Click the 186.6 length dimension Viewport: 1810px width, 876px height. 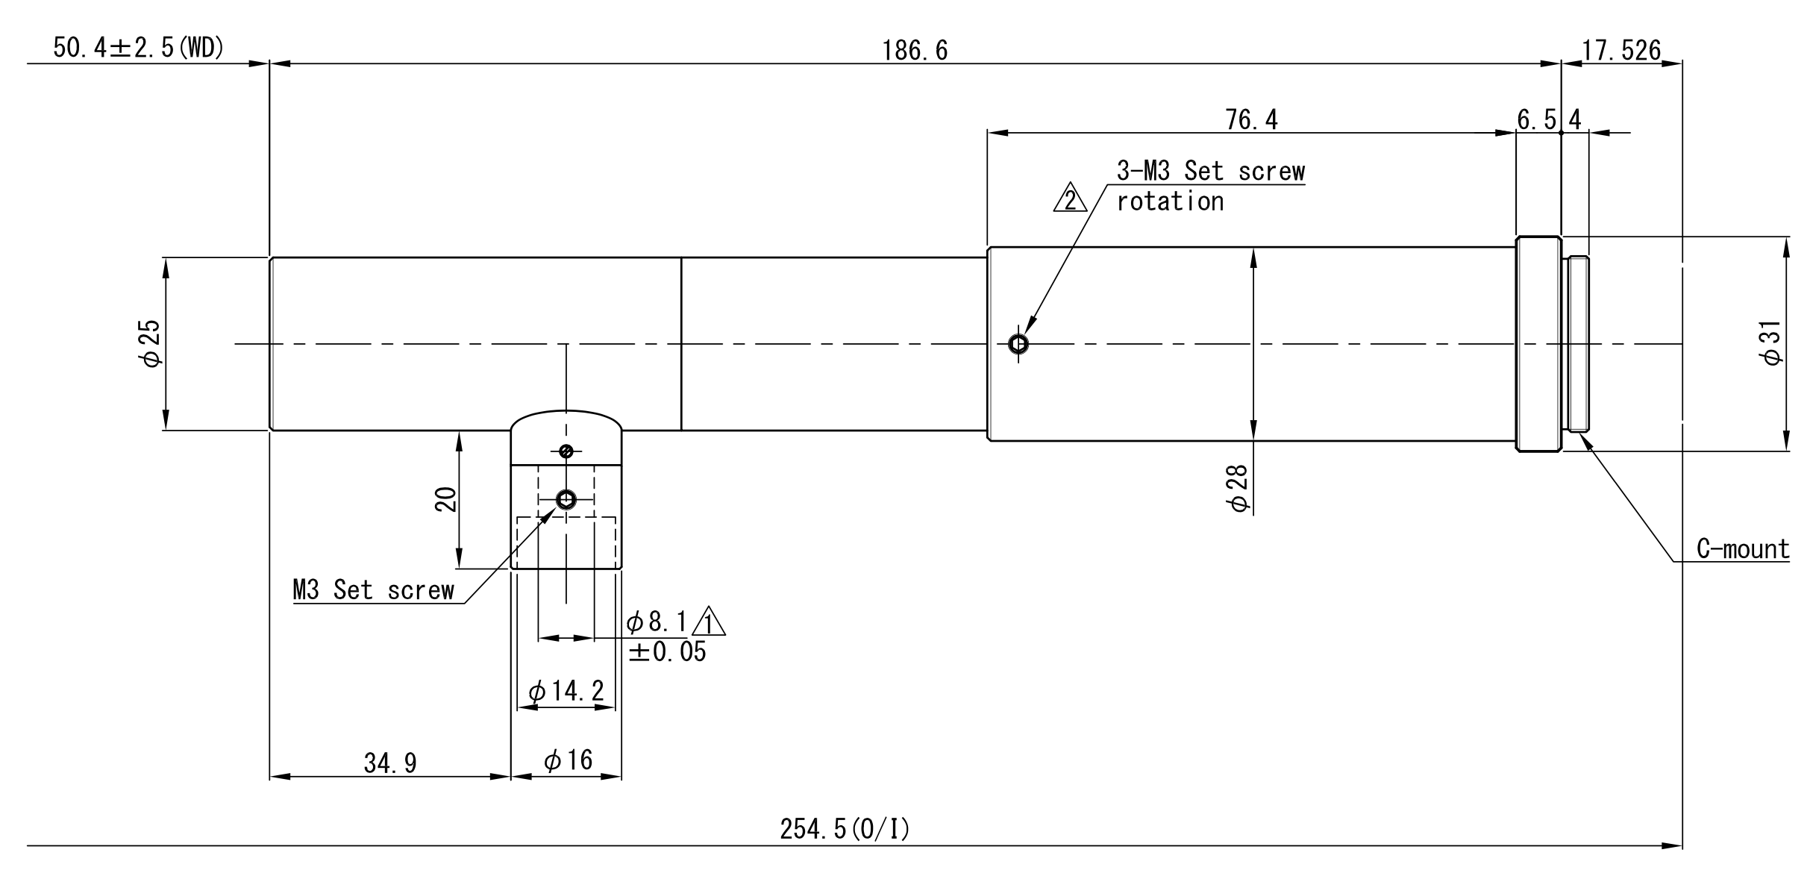(915, 50)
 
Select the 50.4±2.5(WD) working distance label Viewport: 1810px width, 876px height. (139, 49)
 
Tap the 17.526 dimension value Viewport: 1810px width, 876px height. (1621, 50)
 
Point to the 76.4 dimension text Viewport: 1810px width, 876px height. (1251, 119)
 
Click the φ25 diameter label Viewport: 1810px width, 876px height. (150, 343)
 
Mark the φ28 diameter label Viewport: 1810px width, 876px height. (1236, 489)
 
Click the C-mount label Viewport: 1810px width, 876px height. (1743, 549)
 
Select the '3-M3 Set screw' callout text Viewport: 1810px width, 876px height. (1211, 171)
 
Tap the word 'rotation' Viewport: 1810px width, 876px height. (1170, 201)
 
